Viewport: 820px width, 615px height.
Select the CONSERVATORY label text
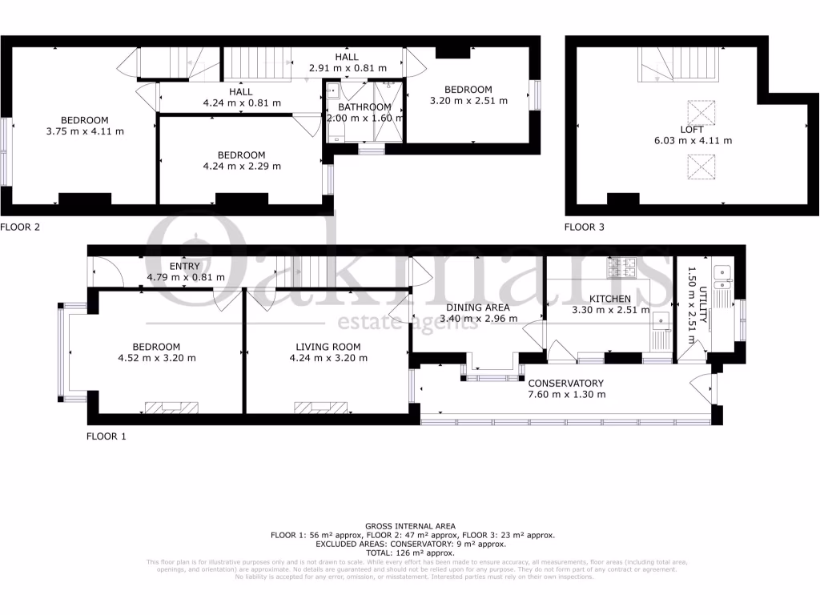click(566, 383)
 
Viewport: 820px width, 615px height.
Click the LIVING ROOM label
click(328, 347)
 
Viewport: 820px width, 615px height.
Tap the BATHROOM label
click(364, 107)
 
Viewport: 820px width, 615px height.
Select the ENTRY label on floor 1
click(186, 267)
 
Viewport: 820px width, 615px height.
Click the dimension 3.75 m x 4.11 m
click(86, 131)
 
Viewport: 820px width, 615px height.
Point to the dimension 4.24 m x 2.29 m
click(242, 167)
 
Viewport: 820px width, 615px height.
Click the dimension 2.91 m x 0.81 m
click(347, 69)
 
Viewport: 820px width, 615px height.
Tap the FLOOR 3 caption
click(585, 227)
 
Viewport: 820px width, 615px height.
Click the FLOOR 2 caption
click(20, 227)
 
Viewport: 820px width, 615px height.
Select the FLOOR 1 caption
click(107, 437)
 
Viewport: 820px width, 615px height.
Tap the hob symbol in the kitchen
click(621, 268)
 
